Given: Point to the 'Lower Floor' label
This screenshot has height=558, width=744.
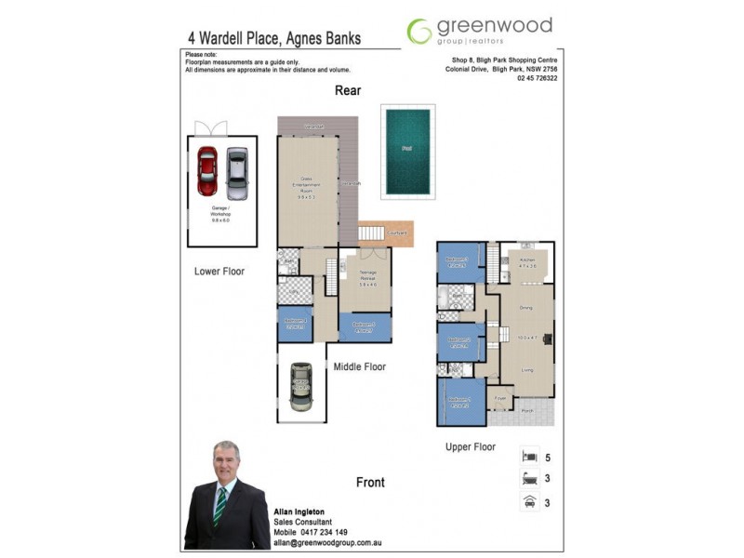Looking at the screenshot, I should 219,272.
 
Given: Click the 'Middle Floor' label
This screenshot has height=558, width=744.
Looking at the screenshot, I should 360,367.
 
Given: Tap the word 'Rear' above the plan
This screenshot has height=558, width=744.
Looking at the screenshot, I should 348,90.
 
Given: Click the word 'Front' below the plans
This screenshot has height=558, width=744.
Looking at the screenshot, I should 370,483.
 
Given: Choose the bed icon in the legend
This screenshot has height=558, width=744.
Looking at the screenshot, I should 529,457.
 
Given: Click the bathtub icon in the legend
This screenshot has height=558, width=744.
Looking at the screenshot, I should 529,479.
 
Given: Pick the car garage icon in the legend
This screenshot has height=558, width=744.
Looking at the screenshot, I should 529,502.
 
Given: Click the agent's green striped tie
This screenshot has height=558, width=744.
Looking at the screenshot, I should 220,507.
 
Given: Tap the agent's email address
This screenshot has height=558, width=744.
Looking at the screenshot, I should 328,541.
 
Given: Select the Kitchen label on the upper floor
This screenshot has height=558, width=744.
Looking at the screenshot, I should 527,259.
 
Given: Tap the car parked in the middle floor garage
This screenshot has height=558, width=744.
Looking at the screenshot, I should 300,386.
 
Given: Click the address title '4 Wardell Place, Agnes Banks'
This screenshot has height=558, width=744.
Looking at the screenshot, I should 273,39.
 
